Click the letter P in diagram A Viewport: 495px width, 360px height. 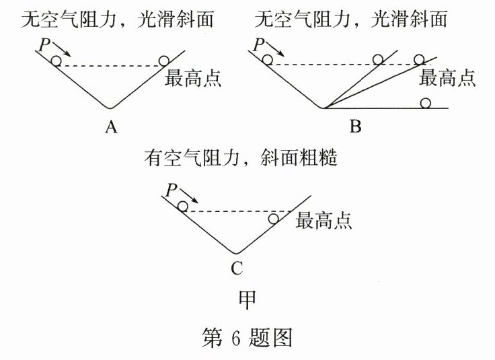tap(44, 45)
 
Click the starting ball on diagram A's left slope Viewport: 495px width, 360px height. tap(56, 61)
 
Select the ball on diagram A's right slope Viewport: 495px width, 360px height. tap(163, 61)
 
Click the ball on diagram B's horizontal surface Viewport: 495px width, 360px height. tap(425, 102)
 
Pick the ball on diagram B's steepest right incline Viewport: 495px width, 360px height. tap(379, 60)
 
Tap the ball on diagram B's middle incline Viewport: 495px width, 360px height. tap(419, 60)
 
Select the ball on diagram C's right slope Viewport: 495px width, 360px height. tap(273, 219)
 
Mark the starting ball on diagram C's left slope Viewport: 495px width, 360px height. tap(182, 206)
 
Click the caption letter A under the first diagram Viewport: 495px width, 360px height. tap(110, 126)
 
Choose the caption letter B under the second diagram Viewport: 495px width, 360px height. tap(356, 126)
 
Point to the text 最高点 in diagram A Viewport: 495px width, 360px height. tap(193, 79)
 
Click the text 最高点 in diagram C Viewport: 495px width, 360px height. tap(324, 220)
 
